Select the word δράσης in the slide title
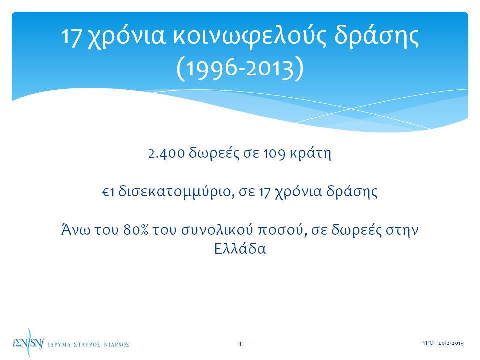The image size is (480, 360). (376, 36)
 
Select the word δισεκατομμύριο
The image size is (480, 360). (176, 192)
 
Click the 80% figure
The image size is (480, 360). (136, 230)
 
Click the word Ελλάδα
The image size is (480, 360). (240, 249)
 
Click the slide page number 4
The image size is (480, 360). (240, 344)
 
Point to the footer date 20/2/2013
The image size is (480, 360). (451, 343)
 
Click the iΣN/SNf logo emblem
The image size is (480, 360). (28, 343)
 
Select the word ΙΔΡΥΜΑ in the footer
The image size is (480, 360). (59, 345)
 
